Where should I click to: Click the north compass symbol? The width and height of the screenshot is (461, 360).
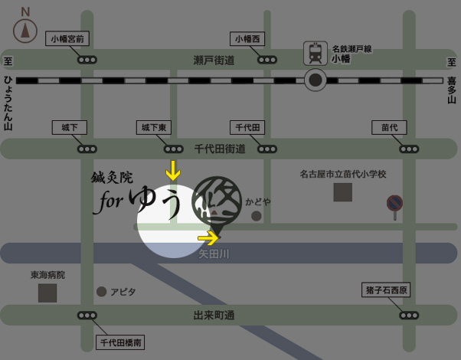(x=25, y=29)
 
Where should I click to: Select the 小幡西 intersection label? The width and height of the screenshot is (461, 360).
(x=248, y=38)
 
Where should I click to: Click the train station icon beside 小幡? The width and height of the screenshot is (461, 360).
(x=315, y=52)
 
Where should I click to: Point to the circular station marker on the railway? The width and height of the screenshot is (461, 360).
(x=315, y=80)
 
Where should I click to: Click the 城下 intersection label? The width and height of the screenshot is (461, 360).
(x=69, y=127)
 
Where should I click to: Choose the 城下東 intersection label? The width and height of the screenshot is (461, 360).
(x=152, y=127)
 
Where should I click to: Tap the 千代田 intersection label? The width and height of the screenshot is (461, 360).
(x=247, y=127)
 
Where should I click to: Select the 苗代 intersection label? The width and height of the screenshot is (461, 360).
(x=389, y=127)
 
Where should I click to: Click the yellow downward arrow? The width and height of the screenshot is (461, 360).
(x=174, y=170)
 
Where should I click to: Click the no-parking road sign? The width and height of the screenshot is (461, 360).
(x=394, y=203)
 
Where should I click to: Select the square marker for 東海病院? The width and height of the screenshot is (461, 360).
(x=47, y=292)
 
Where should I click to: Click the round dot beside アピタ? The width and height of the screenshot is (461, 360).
(x=101, y=292)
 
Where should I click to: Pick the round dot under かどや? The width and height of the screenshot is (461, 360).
(x=257, y=217)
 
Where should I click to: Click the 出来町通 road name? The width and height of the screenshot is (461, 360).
(x=214, y=315)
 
